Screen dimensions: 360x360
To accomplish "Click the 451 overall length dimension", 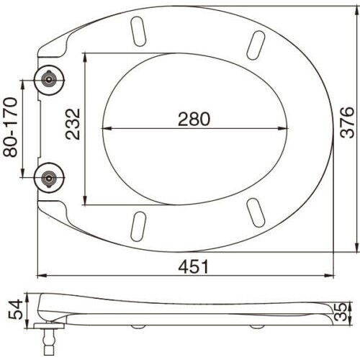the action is click(x=194, y=266).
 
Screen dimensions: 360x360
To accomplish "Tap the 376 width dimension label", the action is click(x=348, y=122).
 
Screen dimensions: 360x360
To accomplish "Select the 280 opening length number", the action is click(x=194, y=119).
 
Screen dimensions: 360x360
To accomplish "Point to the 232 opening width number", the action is click(x=73, y=124).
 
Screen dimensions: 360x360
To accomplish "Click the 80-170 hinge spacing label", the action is click(x=10, y=127).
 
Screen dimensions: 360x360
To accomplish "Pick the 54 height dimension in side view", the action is click(x=15, y=310).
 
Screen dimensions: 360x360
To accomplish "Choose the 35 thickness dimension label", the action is click(x=341, y=312).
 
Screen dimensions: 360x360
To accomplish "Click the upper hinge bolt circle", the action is click(x=49, y=80).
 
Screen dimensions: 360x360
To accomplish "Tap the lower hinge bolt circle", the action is click(x=49, y=178).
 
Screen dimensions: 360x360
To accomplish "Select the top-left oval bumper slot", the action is click(x=138, y=31).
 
